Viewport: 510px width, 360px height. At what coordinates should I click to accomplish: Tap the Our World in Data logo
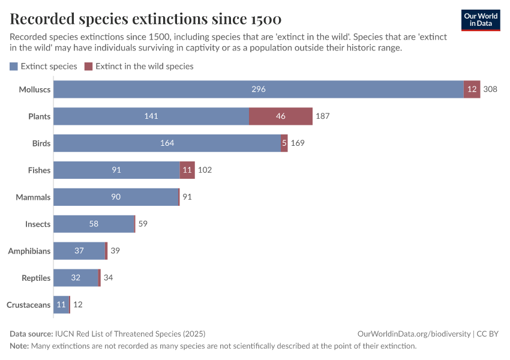click(481, 20)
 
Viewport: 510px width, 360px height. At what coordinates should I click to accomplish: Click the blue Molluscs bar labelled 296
click(259, 89)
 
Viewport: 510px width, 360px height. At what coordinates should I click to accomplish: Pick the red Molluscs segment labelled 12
click(472, 89)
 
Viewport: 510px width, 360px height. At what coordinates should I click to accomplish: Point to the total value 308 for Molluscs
click(490, 89)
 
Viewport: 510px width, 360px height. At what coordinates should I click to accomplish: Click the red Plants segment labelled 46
click(281, 116)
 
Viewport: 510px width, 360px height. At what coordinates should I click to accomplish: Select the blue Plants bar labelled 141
click(151, 116)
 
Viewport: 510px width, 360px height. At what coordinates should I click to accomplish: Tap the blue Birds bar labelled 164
click(167, 143)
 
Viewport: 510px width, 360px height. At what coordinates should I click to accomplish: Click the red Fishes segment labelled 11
click(187, 170)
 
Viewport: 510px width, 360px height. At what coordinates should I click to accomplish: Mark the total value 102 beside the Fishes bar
click(205, 170)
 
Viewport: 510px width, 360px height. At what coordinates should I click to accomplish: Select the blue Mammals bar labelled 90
click(116, 197)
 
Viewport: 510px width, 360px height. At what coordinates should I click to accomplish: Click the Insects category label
click(38, 224)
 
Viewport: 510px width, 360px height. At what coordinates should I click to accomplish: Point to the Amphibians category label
click(29, 251)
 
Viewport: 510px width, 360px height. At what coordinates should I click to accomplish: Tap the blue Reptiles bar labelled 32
click(76, 278)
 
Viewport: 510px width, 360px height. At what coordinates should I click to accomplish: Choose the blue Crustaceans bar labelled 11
click(61, 305)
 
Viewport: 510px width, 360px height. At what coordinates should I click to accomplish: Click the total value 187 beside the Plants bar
click(323, 116)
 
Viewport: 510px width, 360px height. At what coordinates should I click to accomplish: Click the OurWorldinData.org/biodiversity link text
click(413, 334)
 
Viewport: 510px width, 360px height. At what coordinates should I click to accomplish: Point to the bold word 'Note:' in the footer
click(19, 346)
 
